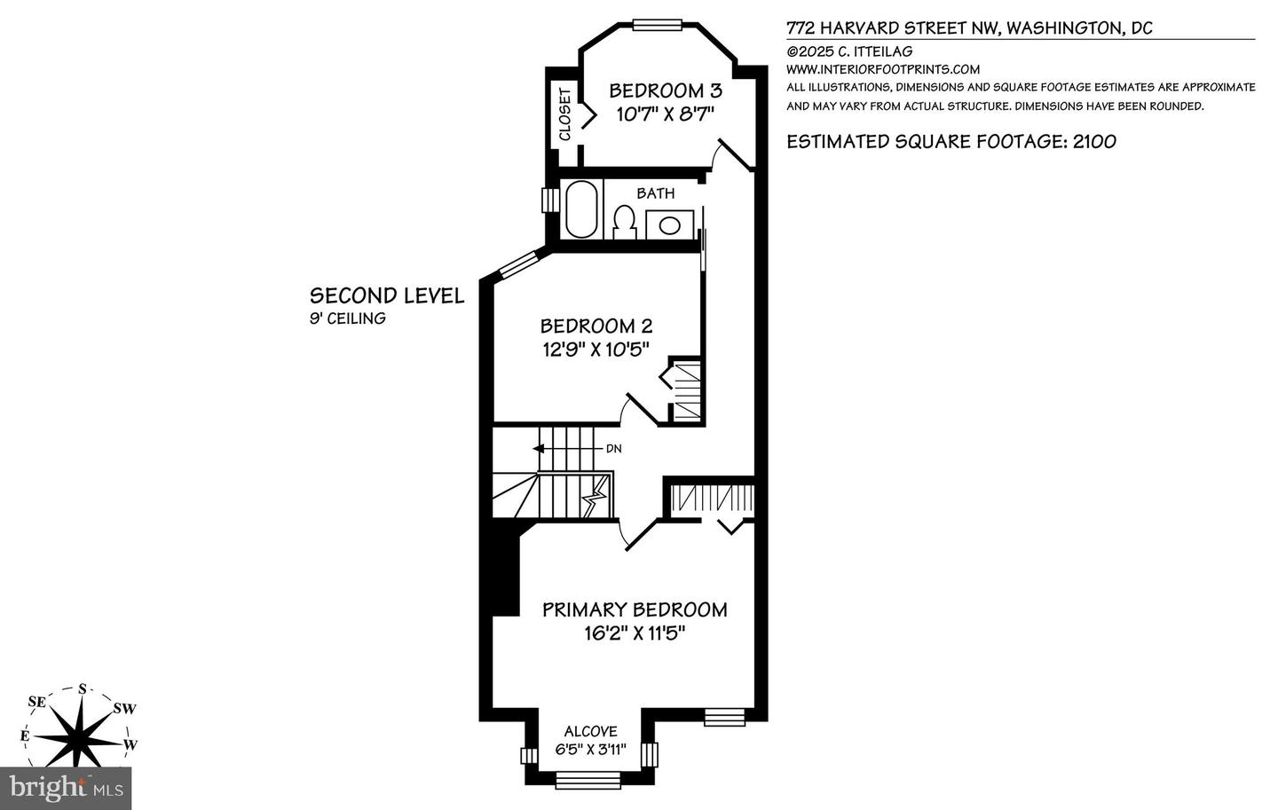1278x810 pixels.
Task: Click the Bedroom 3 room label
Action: [666, 90]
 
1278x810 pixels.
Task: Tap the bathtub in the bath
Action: [581, 208]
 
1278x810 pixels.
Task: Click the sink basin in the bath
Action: [669, 224]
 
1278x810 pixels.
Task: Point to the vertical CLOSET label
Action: [564, 114]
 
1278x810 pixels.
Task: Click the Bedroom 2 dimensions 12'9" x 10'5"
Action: [596, 349]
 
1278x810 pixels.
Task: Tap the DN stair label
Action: [613, 448]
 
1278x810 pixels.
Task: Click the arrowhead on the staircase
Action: [538, 448]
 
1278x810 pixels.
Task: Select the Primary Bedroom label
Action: [635, 609]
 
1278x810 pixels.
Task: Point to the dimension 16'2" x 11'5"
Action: [635, 633]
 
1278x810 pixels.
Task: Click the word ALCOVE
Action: [590, 731]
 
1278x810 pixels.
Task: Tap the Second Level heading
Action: [387, 295]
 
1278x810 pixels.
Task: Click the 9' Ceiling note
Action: [348, 318]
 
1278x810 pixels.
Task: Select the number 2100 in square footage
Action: [1094, 141]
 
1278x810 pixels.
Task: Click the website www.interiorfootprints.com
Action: [882, 69]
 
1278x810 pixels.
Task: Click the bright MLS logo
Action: [66, 789]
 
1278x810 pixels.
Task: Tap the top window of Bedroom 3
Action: [658, 25]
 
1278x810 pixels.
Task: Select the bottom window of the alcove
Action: [588, 780]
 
